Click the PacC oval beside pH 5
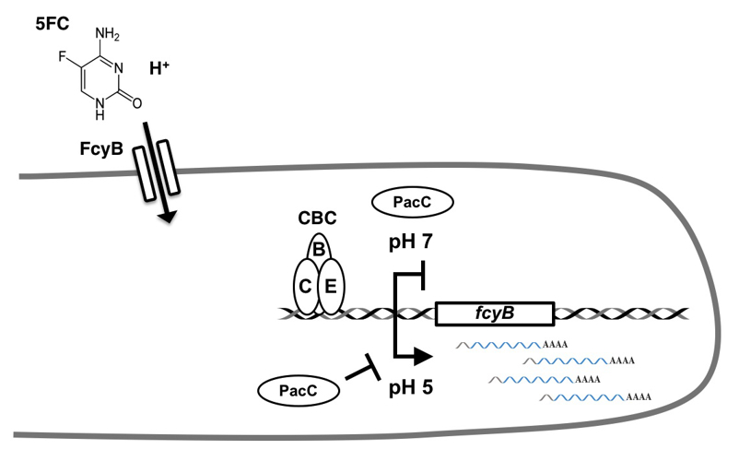(296, 391)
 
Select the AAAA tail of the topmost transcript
(557, 345)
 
